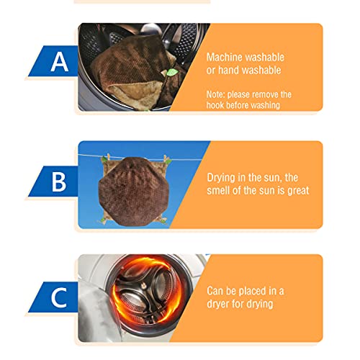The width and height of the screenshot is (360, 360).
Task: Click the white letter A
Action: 60,62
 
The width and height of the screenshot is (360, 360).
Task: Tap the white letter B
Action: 59,182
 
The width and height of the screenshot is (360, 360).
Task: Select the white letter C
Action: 59,297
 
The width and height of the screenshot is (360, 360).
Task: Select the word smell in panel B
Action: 218,190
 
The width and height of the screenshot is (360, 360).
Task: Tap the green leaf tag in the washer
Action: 172,72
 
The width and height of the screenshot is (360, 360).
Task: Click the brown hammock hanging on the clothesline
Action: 132,192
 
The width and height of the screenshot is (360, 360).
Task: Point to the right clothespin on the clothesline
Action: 166,159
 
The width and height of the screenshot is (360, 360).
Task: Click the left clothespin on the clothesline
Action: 109,158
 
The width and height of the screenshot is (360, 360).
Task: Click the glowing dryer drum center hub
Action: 143,286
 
